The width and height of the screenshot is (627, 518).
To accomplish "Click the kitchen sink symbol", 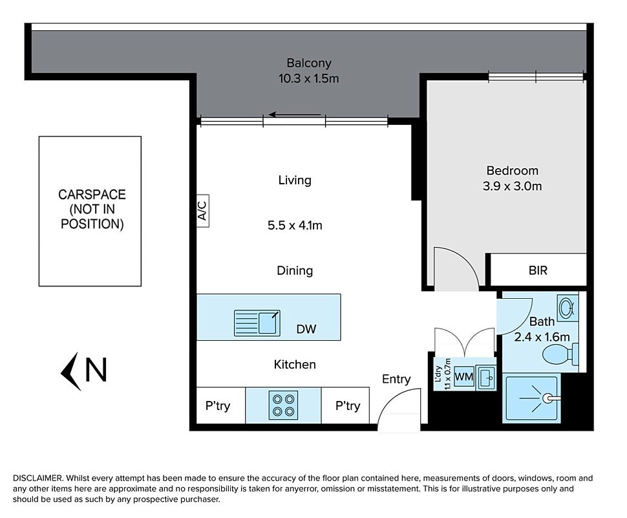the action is click(257, 323).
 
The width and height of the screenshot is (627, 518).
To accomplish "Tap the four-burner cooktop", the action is click(283, 405).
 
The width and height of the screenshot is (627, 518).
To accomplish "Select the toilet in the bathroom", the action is click(560, 354).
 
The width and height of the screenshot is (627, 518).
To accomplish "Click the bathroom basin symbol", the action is click(568, 308).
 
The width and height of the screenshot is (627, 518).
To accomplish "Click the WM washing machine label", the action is click(464, 377).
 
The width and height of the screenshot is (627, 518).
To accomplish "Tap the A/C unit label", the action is click(202, 211).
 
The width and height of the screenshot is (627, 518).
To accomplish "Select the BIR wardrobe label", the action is click(538, 270).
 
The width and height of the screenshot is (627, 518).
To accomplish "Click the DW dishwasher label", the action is click(306, 329).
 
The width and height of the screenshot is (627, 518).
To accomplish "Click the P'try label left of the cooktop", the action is click(218, 406).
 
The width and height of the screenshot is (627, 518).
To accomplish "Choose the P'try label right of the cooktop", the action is click(348, 406).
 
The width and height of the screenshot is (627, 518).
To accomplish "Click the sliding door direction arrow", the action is click(295, 115).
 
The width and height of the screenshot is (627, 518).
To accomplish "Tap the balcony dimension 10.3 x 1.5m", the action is click(309, 78).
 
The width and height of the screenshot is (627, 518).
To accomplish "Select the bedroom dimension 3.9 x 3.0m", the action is click(512, 186).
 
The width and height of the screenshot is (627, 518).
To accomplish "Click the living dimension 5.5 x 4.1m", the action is click(295, 226).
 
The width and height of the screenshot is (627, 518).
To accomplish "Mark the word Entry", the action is click(396, 379).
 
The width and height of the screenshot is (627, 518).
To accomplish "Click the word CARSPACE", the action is click(92, 195).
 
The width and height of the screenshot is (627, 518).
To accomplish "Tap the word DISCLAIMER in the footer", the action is click(37, 478).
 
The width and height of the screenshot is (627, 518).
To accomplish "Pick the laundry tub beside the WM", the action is click(486, 378).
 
